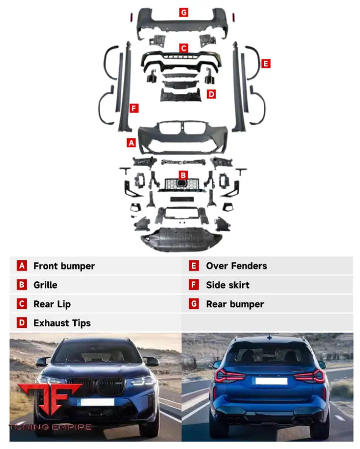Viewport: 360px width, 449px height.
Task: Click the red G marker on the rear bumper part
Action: tap(184, 12)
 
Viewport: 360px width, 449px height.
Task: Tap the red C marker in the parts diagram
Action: tap(184, 48)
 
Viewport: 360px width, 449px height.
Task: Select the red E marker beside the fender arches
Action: tap(266, 63)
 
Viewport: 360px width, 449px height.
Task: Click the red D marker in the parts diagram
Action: tap(212, 94)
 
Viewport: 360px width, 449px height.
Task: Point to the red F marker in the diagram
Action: tap(133, 108)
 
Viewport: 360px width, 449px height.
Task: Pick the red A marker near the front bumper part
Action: tap(131, 143)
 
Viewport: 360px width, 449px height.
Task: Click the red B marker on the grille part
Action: tap(183, 175)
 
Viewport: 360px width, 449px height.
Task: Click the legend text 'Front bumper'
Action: tap(64, 266)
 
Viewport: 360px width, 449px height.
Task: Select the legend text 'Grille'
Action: tap(45, 285)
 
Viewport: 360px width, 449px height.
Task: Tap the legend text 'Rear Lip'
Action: tap(52, 304)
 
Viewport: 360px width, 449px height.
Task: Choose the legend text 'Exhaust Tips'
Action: tap(62, 323)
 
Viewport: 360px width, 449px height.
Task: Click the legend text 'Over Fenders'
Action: tap(237, 266)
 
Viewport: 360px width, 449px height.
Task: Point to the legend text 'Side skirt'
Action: tap(228, 285)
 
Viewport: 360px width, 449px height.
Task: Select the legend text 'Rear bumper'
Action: tap(235, 304)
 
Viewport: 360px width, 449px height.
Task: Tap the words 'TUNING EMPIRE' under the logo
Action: tap(50, 427)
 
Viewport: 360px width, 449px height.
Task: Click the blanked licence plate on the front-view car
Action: tap(97, 402)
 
